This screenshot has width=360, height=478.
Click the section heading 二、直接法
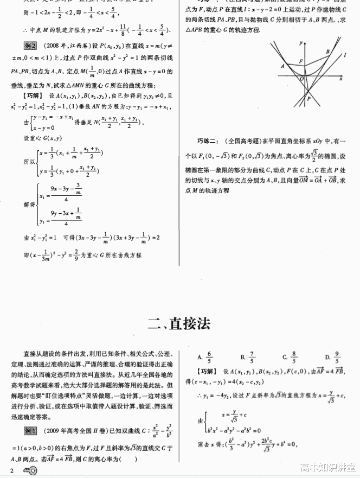(179, 324)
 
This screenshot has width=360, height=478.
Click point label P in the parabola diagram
(308, 100)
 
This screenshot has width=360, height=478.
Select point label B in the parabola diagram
(327, 52)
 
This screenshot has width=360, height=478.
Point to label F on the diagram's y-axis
(301, 62)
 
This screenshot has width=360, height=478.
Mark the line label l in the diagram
(345, 55)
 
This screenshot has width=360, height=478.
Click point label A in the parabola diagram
(282, 66)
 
